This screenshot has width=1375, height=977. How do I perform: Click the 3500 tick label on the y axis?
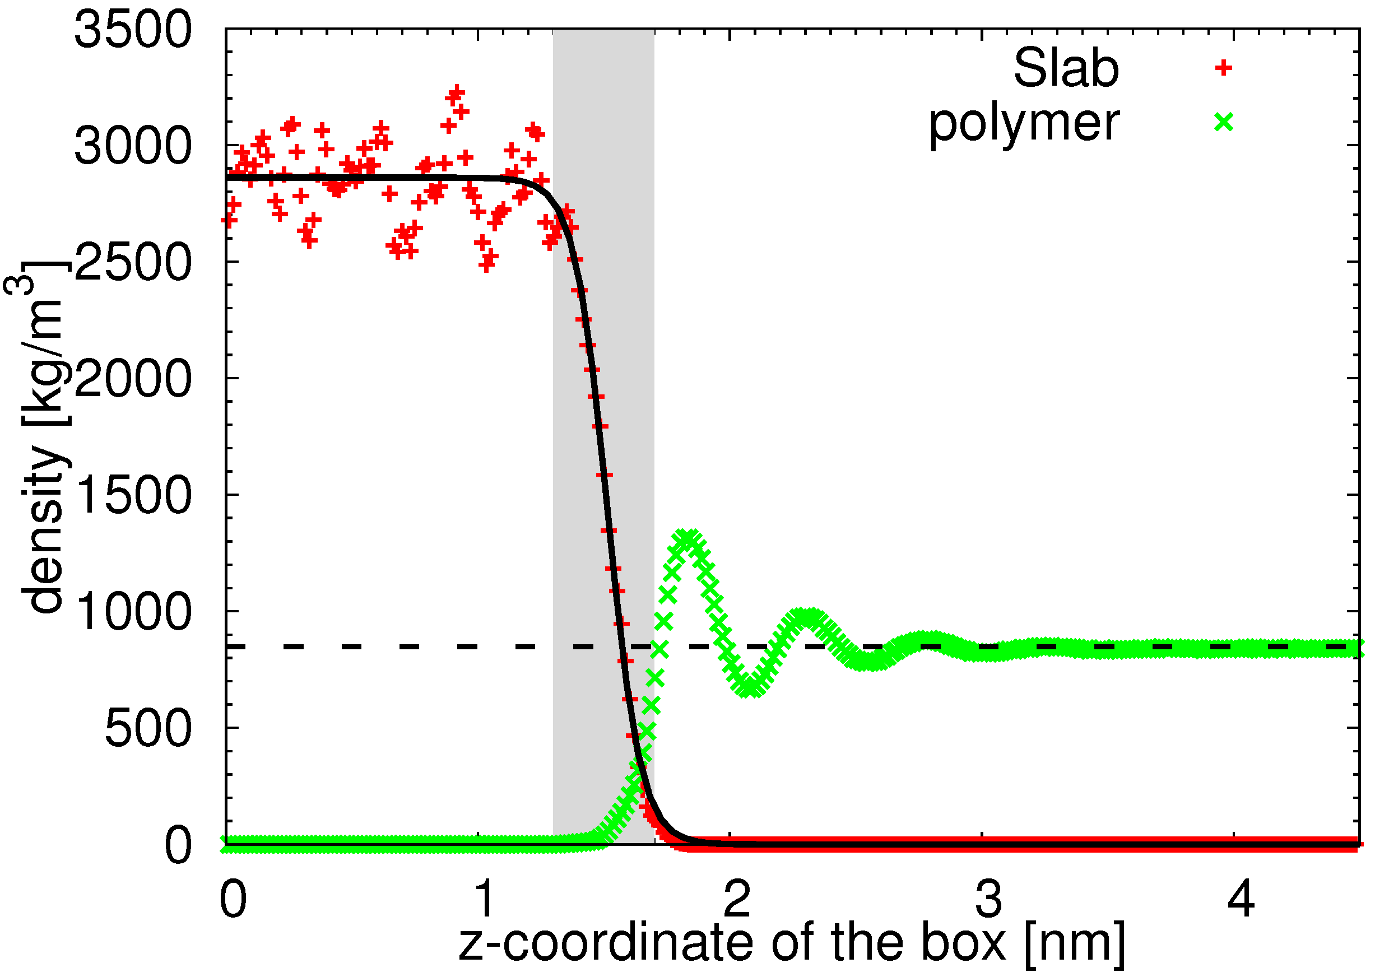pyautogui.click(x=132, y=30)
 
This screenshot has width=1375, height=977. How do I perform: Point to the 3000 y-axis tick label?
pyautogui.click(x=132, y=146)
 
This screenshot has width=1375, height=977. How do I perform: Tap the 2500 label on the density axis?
pyautogui.click(x=132, y=262)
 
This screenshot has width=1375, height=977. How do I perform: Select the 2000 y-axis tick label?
pyautogui.click(x=132, y=379)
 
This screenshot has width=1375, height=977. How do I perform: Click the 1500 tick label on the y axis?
pyautogui.click(x=132, y=495)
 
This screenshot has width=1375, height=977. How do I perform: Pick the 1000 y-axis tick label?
pyautogui.click(x=132, y=612)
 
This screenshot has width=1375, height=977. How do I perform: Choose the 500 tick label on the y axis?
pyautogui.click(x=148, y=728)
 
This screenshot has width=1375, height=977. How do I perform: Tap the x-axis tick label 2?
pyautogui.click(x=736, y=899)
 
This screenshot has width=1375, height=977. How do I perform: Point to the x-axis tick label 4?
pyautogui.click(x=1240, y=899)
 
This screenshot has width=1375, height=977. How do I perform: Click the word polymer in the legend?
pyautogui.click(x=1024, y=124)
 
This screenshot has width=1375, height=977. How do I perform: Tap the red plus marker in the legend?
pyautogui.click(x=1223, y=67)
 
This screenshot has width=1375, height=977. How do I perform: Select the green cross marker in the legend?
pyautogui.click(x=1223, y=123)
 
